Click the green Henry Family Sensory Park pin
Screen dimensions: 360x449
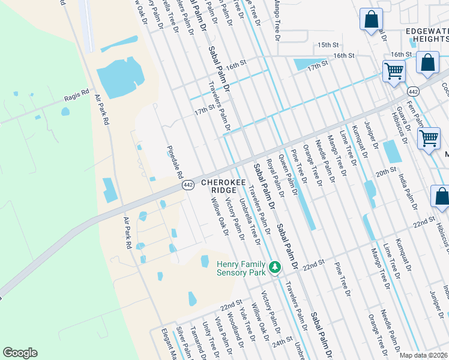click(x=275, y=266)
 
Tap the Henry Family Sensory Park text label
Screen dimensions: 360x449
click(x=241, y=268)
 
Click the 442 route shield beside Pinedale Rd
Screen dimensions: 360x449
click(x=188, y=186)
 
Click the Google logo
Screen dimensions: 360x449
click(x=20, y=353)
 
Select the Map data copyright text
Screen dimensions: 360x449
click(x=423, y=355)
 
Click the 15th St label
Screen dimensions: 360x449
click(x=328, y=45)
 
